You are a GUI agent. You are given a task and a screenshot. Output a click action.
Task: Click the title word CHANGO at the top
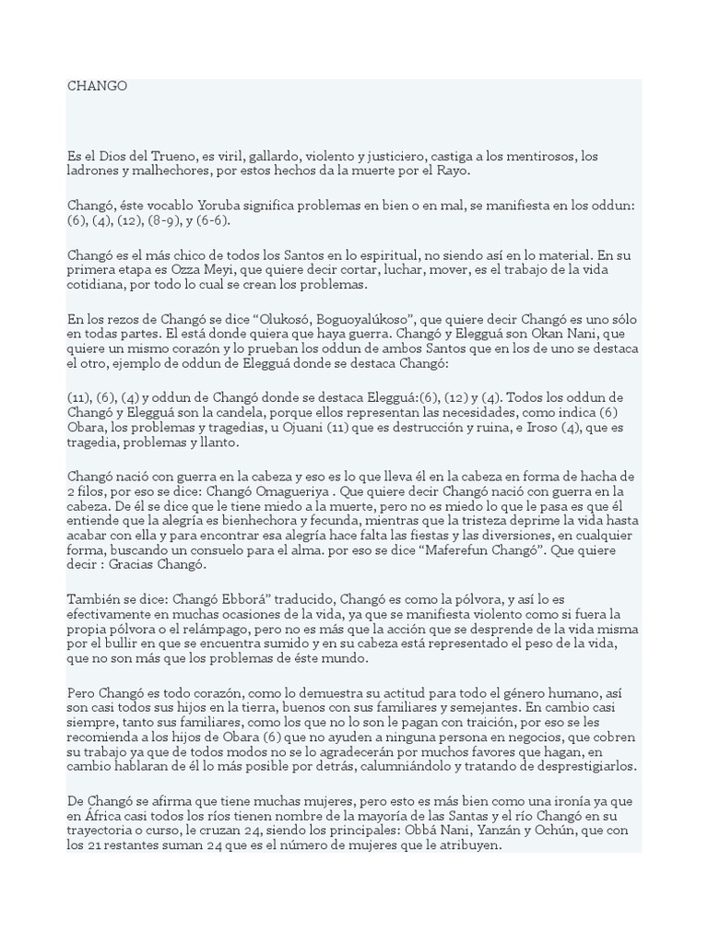pyautogui.click(x=98, y=87)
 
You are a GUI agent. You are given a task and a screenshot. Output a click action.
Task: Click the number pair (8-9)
pyautogui.click(x=160, y=221)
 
